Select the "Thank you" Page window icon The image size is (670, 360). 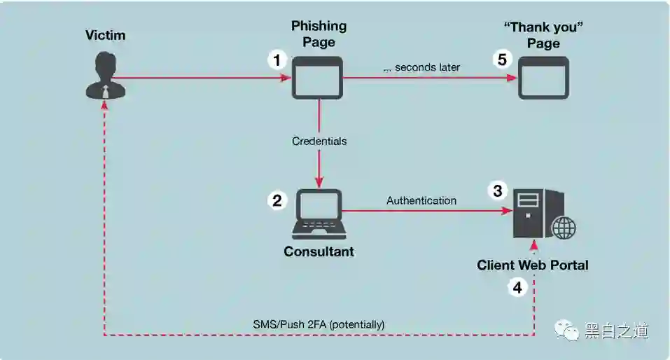click(x=543, y=78)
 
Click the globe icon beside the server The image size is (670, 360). click(x=564, y=228)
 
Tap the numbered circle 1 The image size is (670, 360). click(x=278, y=60)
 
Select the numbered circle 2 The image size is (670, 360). click(x=278, y=200)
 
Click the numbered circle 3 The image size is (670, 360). click(x=498, y=191)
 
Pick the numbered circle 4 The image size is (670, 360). click(x=517, y=287)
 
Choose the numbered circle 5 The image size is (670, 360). click(x=501, y=60)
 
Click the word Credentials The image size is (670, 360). click(x=319, y=141)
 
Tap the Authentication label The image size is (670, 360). click(x=421, y=200)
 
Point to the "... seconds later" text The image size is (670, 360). click(x=421, y=68)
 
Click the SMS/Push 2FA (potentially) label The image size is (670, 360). click(x=319, y=324)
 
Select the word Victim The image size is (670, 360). click(x=104, y=34)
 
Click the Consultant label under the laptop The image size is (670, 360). click(x=319, y=251)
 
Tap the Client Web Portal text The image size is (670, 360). click(x=533, y=265)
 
